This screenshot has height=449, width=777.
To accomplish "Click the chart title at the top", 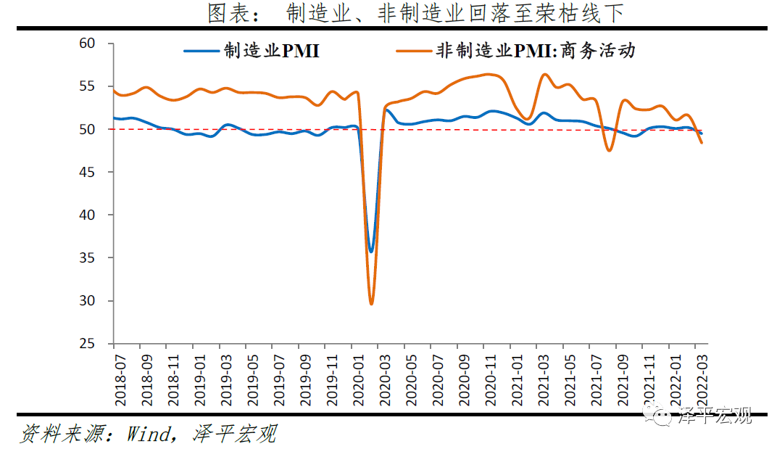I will (x=415, y=13).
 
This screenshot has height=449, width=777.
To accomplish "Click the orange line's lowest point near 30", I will (x=371, y=303).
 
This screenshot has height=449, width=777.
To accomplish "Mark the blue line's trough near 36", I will (x=371, y=252).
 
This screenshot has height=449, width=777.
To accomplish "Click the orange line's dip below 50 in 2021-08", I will (x=610, y=150).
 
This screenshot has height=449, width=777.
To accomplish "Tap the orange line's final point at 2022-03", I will (x=702, y=143).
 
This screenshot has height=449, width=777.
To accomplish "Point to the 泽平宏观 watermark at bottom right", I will (x=714, y=416).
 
